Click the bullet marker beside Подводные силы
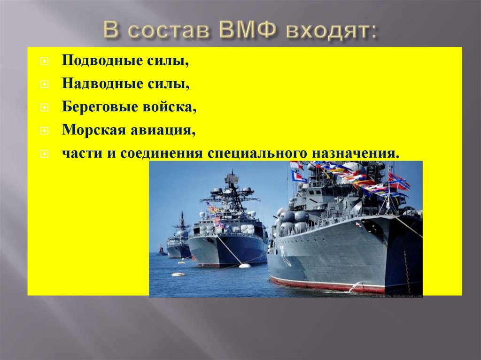pyautogui.click(x=44, y=62)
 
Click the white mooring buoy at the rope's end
pyautogui.click(x=245, y=266)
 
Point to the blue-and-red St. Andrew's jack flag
pyautogui.click(x=398, y=181)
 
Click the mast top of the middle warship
pyautogui.click(x=231, y=175)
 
